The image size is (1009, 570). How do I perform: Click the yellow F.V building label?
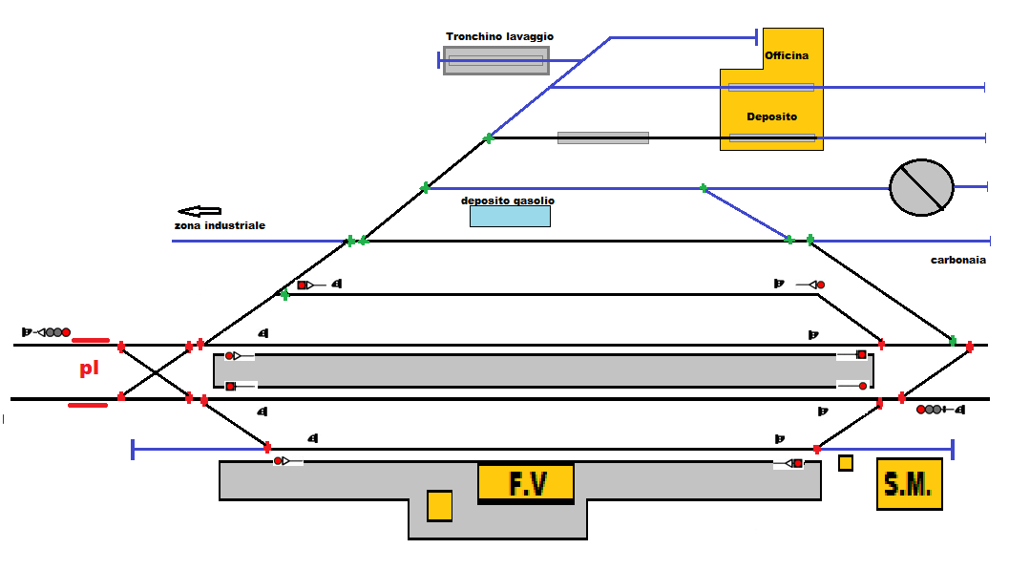pyautogui.click(x=526, y=484)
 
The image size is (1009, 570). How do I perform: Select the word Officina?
pyautogui.click(x=787, y=55)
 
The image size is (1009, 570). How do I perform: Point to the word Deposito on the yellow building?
pyautogui.click(x=771, y=116)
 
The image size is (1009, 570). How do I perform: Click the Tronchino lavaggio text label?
pyautogui.click(x=499, y=36)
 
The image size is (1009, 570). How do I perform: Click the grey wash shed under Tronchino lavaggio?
pyautogui.click(x=495, y=60)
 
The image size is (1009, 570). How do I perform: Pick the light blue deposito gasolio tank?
pyautogui.click(x=510, y=217)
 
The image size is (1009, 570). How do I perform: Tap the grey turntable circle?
pyautogui.click(x=922, y=187)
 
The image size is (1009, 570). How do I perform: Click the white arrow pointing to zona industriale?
pyautogui.click(x=199, y=211)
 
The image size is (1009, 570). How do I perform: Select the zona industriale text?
pyautogui.click(x=220, y=225)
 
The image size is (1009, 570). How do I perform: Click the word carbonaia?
pyautogui.click(x=958, y=260)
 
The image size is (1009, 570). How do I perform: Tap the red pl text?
pyautogui.click(x=89, y=369)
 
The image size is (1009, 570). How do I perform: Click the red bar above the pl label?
pyautogui.click(x=91, y=339)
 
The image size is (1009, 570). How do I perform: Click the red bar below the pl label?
pyautogui.click(x=88, y=405)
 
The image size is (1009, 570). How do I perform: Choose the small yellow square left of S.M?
pyautogui.click(x=845, y=463)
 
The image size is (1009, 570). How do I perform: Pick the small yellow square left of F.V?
pyautogui.click(x=439, y=505)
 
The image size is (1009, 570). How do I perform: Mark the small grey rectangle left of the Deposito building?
pyautogui.click(x=602, y=137)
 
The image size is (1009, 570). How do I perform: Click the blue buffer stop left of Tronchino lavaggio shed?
pyautogui.click(x=439, y=60)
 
